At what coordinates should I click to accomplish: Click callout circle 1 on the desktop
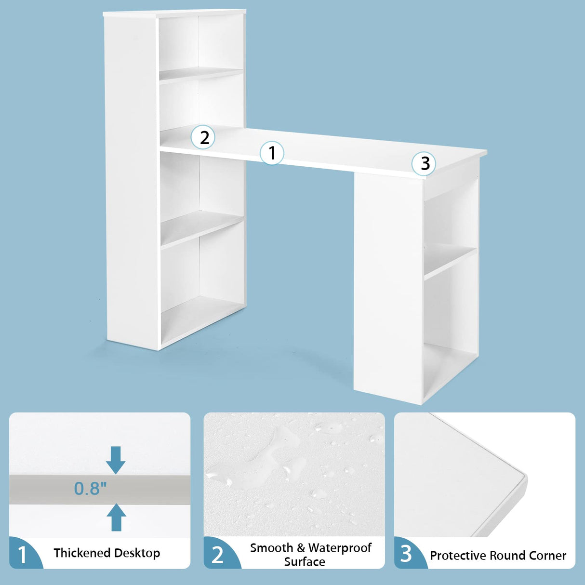coord(272,153)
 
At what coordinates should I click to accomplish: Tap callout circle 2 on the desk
coord(203,137)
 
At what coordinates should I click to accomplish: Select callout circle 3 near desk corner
coord(424,163)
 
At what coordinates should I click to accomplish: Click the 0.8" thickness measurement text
coord(90,489)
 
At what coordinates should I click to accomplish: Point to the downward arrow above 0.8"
coord(116,460)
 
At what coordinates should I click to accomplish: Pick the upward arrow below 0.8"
coord(116,518)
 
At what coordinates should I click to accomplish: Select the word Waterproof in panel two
coord(340,548)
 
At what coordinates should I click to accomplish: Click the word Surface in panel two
coord(305,562)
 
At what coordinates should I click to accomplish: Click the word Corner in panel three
coord(547,556)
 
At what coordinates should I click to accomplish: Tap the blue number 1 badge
coord(23,555)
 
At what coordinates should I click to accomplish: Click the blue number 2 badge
coord(218,555)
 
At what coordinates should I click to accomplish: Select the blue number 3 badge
coord(407,554)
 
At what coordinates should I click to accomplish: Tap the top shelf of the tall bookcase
coord(201,74)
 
